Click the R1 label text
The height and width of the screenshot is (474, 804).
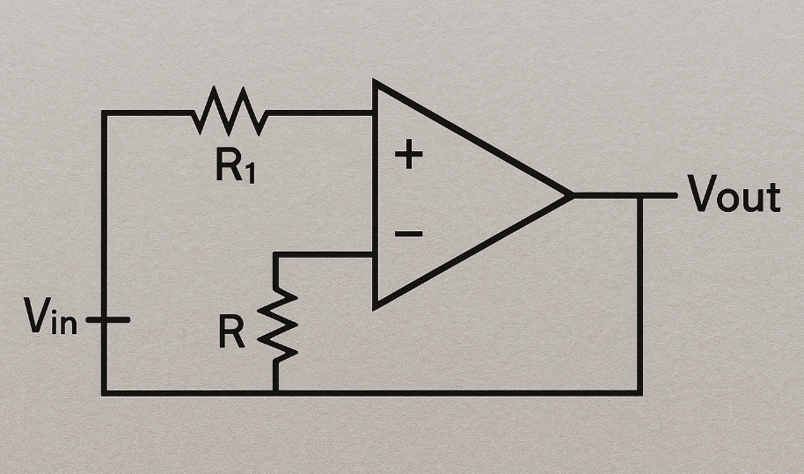[x=235, y=166]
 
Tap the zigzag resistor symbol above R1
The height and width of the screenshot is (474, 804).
[x=230, y=113]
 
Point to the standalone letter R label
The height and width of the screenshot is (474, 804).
[x=232, y=332]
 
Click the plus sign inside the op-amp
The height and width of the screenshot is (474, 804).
[x=408, y=156]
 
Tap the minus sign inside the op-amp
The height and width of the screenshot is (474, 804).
[x=408, y=234]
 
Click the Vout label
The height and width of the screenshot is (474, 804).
[x=735, y=195]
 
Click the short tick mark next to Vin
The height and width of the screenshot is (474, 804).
[x=109, y=320]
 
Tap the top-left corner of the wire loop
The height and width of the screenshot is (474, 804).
[x=104, y=113]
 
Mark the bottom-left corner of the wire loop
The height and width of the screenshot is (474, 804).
[x=104, y=392]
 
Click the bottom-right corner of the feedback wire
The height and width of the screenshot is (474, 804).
[x=640, y=392]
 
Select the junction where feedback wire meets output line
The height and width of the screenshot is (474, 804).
[x=640, y=195]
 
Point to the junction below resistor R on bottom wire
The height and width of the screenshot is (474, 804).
[x=275, y=392]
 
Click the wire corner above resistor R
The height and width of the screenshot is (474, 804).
[x=275, y=254]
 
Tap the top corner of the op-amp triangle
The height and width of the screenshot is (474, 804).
[x=376, y=83]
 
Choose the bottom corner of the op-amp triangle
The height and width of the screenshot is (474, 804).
[x=376, y=307]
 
